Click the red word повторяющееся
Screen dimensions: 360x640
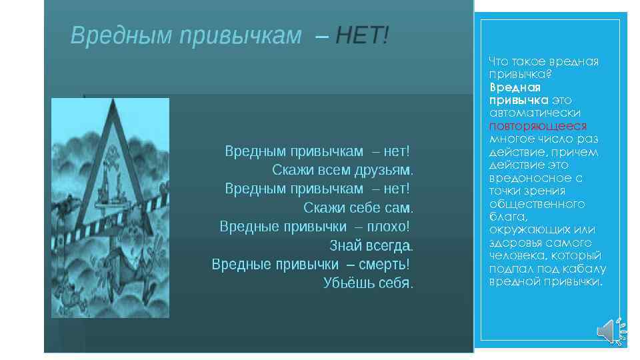538,126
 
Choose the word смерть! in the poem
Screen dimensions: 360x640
384,264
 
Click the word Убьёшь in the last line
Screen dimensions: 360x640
345,283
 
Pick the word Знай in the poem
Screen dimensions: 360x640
345,245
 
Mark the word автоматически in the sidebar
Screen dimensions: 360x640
535,113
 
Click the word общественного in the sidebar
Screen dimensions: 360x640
537,204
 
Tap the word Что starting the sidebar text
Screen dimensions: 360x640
499,61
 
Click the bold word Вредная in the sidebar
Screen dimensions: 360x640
515,87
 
